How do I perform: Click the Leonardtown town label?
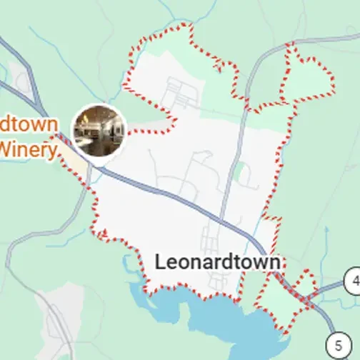[x=218, y=262]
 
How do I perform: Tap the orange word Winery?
[x=29, y=149]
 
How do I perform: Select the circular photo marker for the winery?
[x=99, y=130]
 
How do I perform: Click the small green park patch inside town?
[x=241, y=170]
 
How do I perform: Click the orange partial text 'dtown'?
[x=29, y=123]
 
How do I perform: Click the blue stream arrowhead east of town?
[x=324, y=230]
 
